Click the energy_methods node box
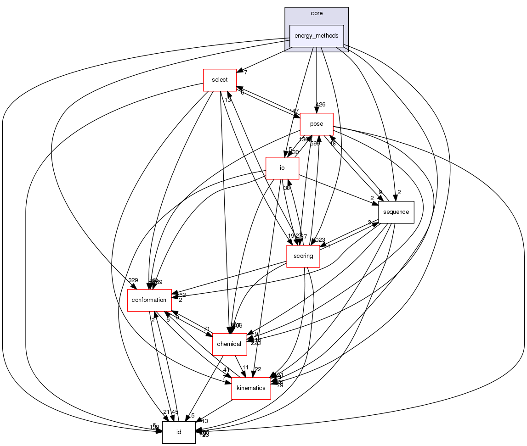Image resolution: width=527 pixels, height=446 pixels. tap(317, 36)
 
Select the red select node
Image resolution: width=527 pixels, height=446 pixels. tap(220, 80)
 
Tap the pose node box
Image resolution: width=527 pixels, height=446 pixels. tap(317, 124)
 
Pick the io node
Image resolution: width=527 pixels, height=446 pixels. tap(283, 168)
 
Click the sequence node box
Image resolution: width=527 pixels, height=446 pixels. tap(396, 212)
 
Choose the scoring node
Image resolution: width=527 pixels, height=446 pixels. tap(303, 256)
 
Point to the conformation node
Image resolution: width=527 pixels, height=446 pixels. tap(149, 300)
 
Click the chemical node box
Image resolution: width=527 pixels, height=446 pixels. tap(229, 344)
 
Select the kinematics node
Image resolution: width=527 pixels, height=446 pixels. tap(250, 388)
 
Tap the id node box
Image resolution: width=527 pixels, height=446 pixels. tap(179, 432)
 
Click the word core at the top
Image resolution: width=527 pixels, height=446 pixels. tap(317, 13)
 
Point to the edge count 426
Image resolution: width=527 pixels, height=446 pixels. tap(320, 105)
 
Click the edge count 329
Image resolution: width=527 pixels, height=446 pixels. tap(133, 280)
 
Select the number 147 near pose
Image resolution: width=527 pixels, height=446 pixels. tap(294, 111)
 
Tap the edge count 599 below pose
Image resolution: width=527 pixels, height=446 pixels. tap(315, 144)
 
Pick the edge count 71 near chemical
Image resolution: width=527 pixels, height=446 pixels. tap(207, 329)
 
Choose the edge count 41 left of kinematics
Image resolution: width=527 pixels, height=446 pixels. tap(226, 369)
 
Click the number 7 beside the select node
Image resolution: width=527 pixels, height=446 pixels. tap(246, 72)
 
